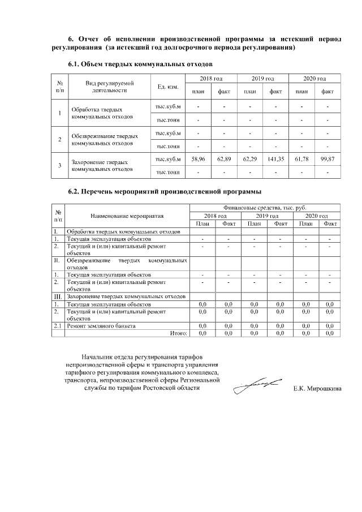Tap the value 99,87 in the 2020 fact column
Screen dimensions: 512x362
[x=327, y=160]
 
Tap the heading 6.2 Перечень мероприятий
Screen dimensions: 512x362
[x=165, y=191]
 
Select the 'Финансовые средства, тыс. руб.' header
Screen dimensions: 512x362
[x=264, y=208]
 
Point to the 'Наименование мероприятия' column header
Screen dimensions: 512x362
[x=127, y=216]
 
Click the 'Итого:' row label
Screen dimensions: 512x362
[x=179, y=334]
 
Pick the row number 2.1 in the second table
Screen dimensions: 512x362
[x=57, y=326]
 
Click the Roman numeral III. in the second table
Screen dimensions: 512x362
[x=57, y=296]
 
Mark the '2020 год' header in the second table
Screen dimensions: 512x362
[x=316, y=216]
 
